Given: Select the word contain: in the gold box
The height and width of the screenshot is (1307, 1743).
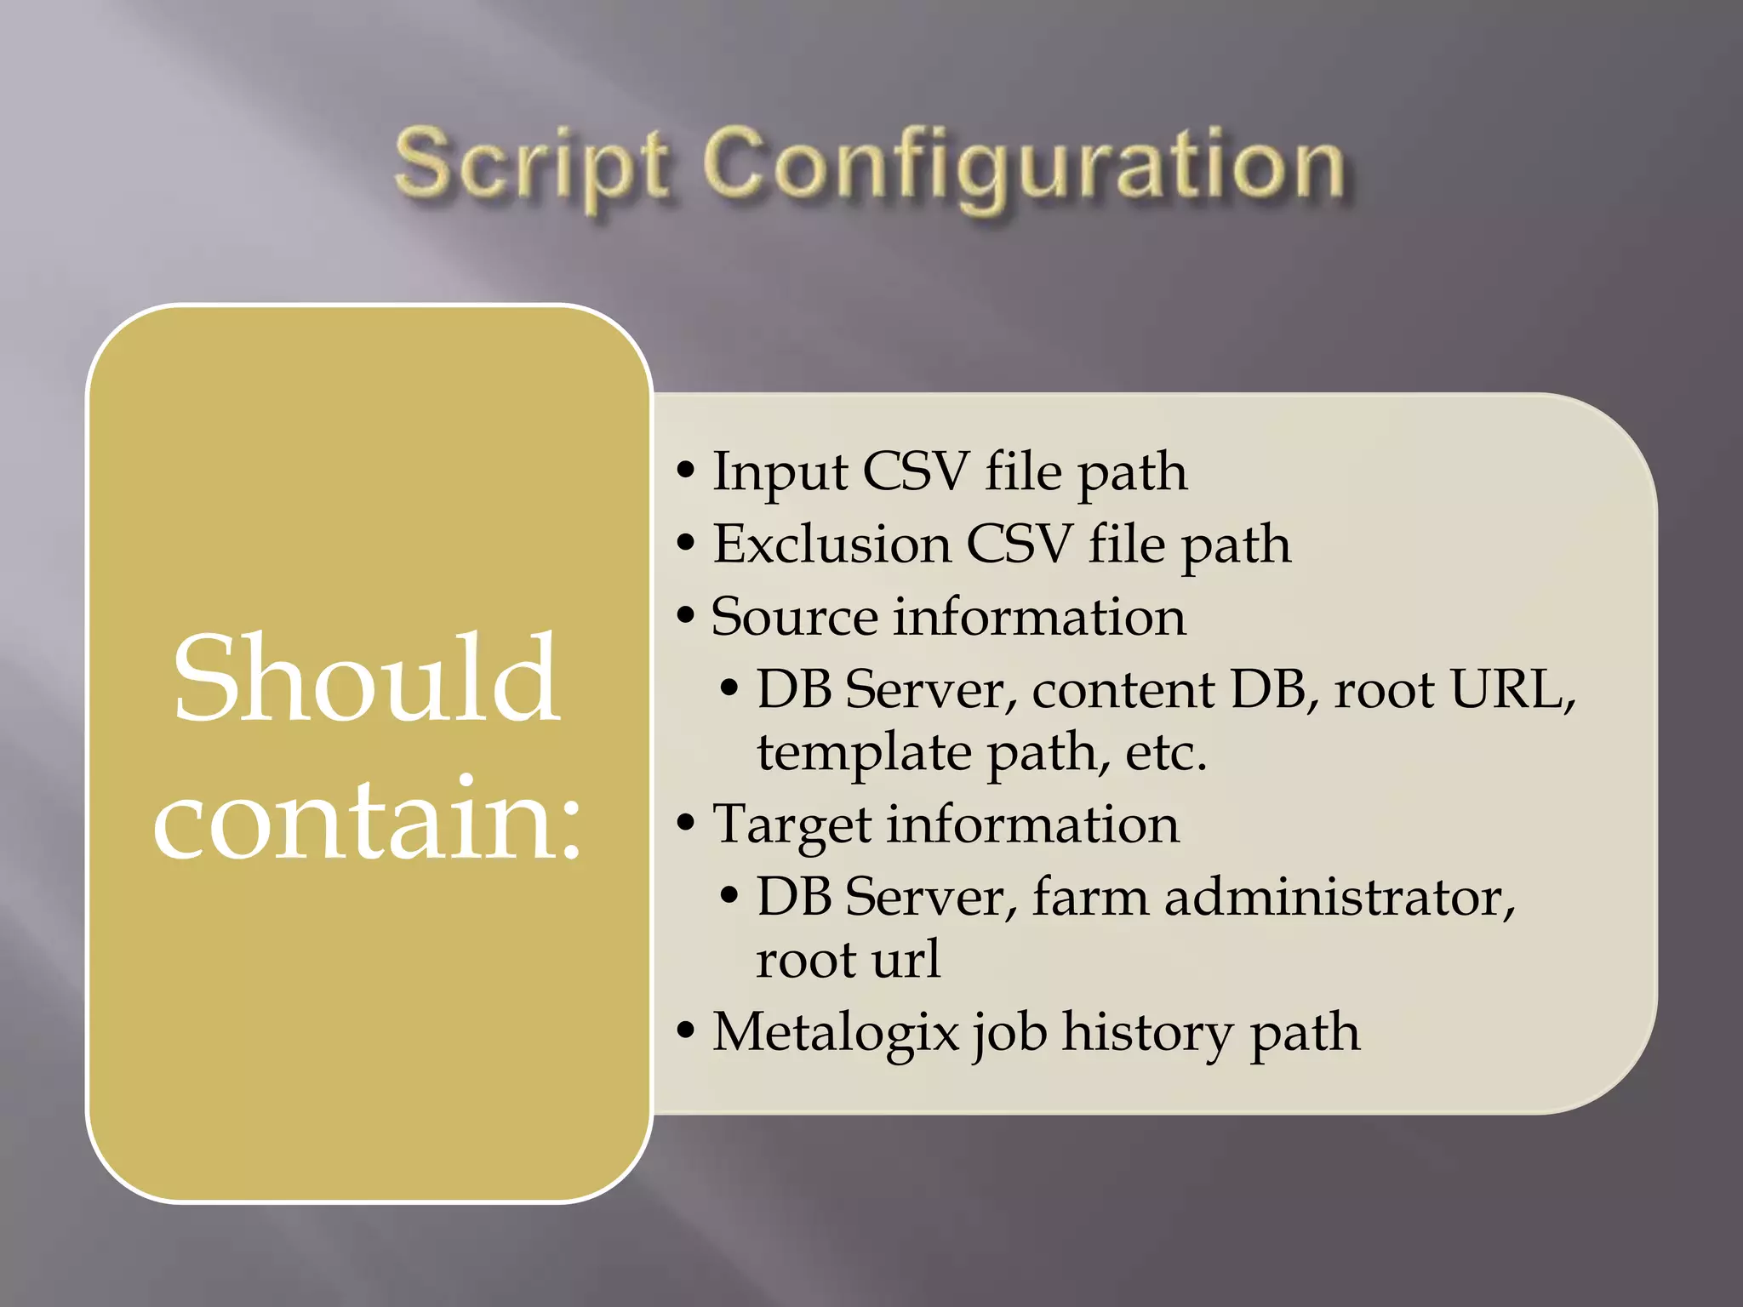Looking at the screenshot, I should click(x=368, y=820).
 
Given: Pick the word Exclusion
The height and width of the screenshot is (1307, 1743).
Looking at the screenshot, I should click(x=831, y=545).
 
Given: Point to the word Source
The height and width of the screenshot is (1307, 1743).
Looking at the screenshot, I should click(x=793, y=617).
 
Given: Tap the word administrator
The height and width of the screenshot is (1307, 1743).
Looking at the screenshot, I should click(x=1340, y=897).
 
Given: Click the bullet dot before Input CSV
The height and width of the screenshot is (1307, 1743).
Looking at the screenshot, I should click(x=686, y=471).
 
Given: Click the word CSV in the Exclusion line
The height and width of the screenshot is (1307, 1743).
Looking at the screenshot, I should click(x=1018, y=545).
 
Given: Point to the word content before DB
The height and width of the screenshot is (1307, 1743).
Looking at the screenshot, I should click(x=1123, y=689).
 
